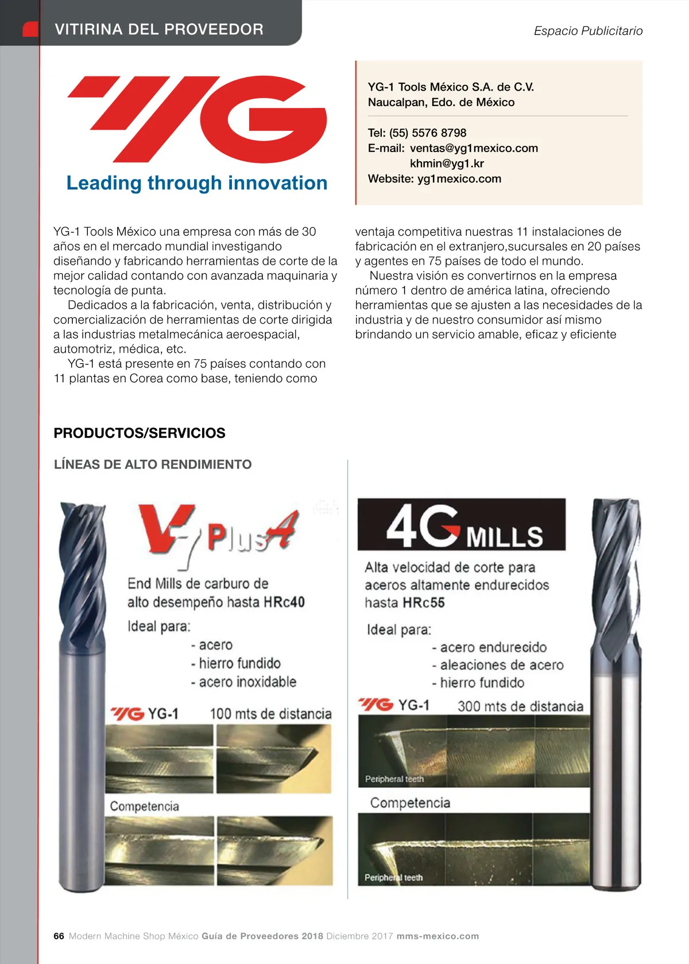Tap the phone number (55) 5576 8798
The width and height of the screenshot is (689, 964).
click(x=428, y=133)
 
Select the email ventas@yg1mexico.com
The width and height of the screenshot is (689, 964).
click(x=474, y=148)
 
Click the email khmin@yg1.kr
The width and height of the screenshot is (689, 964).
click(x=447, y=164)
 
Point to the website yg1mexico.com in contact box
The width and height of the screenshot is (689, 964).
click(x=459, y=178)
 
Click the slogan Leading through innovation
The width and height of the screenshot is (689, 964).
click(x=197, y=183)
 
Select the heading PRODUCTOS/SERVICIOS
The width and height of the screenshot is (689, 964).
click(x=140, y=433)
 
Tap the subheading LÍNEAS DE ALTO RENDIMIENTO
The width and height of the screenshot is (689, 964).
click(x=153, y=464)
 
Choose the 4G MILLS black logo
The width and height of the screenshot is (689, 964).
click(x=461, y=524)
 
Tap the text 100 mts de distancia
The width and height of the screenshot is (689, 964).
click(x=270, y=714)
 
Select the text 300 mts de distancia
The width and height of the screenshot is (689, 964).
click(x=520, y=706)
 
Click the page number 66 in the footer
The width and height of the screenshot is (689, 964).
click(x=59, y=936)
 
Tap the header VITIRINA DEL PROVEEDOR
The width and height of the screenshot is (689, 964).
click(x=159, y=29)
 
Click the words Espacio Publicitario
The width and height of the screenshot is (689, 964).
click(x=588, y=31)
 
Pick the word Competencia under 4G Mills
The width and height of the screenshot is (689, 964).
click(x=410, y=803)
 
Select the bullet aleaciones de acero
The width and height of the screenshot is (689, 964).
click(x=501, y=665)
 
